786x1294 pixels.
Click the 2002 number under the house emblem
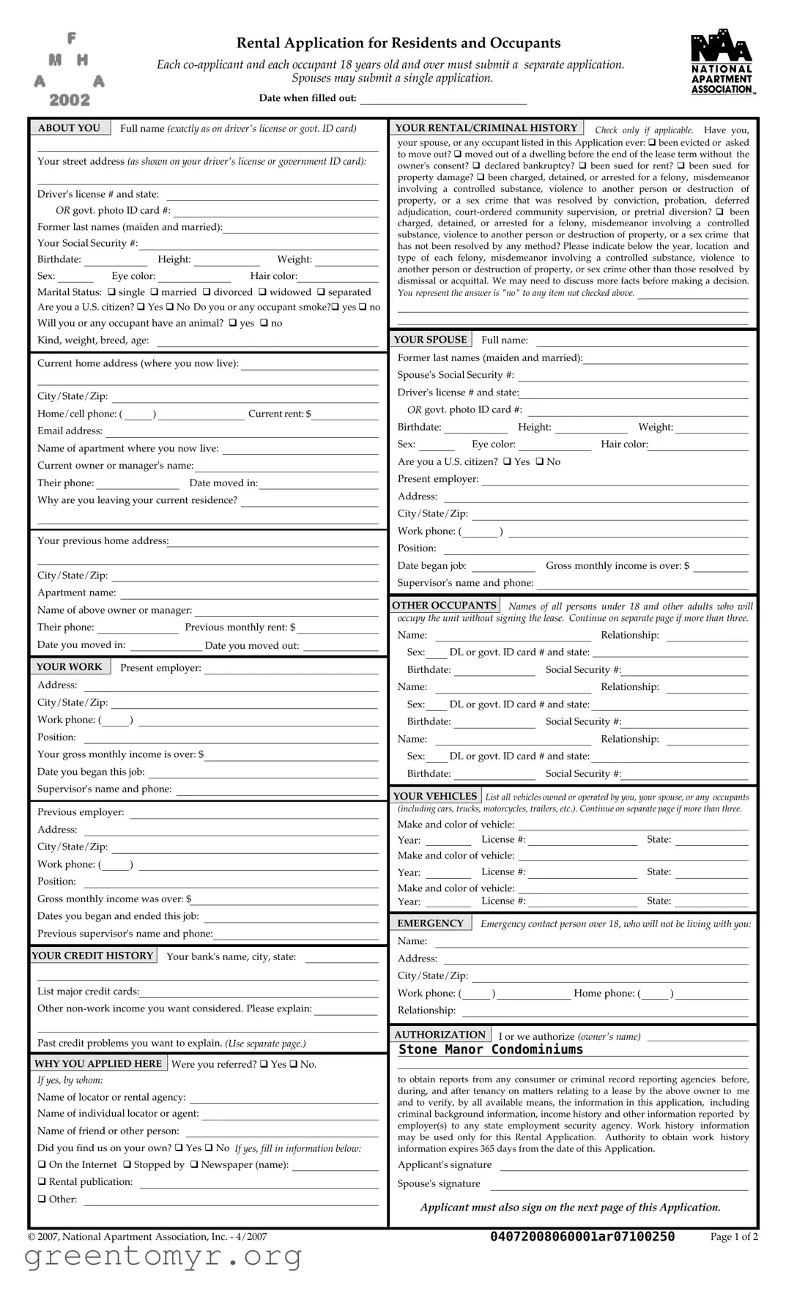point(70,100)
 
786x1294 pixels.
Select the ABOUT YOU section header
point(70,128)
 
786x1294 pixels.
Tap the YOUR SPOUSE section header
point(430,340)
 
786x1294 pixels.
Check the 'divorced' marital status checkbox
point(207,292)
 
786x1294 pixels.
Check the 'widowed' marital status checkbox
point(263,292)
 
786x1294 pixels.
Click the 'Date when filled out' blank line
point(442,99)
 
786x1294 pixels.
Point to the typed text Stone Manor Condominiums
point(491,1050)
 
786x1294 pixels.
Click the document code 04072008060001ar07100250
point(582,1237)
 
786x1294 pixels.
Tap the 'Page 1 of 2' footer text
point(734,1237)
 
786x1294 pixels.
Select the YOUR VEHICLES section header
point(434,796)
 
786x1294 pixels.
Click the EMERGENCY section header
point(430,923)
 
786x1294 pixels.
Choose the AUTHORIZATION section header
point(440,1035)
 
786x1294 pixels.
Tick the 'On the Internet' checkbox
point(42,1165)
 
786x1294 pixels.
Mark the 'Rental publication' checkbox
point(42,1182)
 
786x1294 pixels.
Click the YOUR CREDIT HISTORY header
point(93,956)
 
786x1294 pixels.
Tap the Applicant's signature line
point(623,1165)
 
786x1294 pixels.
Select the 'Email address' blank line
point(242,431)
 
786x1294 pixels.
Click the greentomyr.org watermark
point(163,1257)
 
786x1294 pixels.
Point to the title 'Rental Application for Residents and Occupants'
point(398,43)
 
